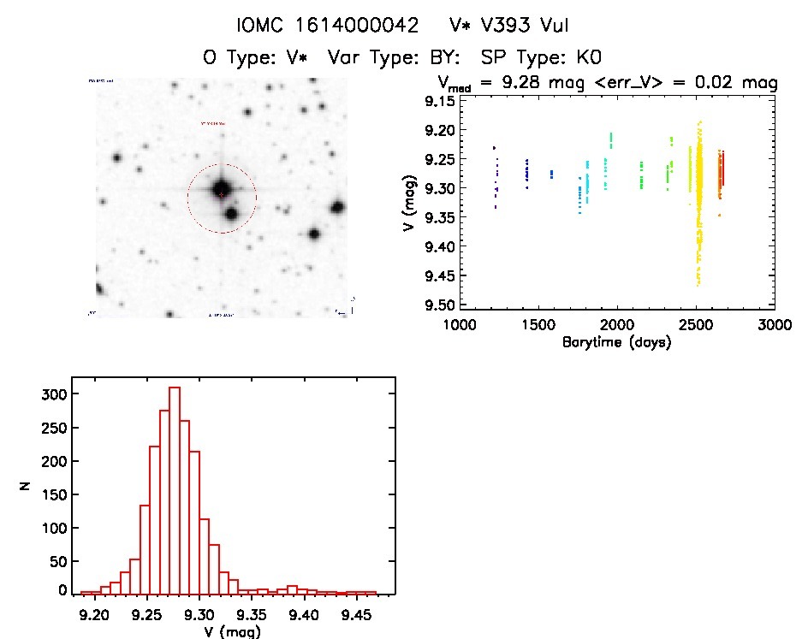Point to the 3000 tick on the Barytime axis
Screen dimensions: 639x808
point(775,308)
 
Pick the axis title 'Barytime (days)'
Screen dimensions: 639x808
point(616,342)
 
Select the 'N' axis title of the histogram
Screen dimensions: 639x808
point(27,487)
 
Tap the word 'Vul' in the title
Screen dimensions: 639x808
point(551,27)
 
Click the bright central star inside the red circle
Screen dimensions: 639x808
point(222,189)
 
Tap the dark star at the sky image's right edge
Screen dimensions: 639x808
point(338,207)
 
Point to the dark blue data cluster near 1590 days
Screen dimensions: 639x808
point(551,174)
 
